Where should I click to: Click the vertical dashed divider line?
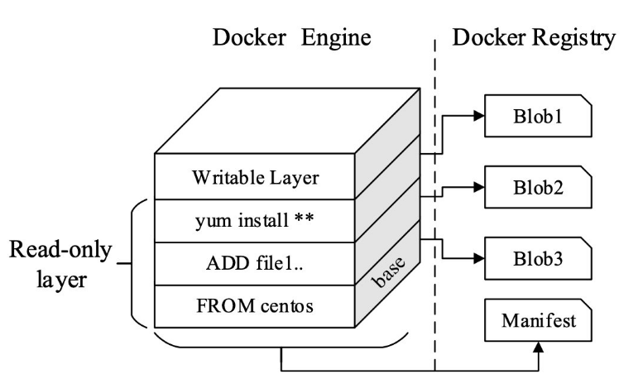(x=435, y=207)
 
